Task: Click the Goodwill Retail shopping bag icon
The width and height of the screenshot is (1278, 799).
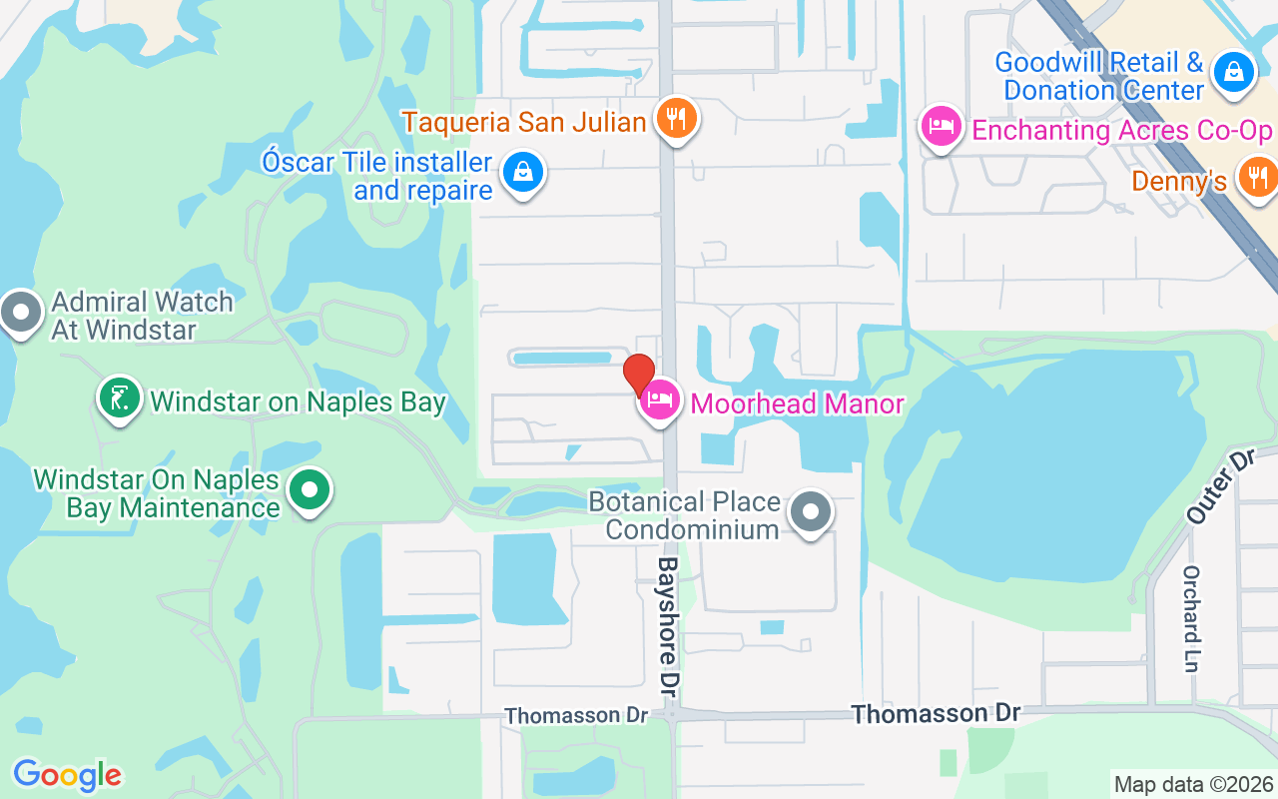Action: tap(1234, 72)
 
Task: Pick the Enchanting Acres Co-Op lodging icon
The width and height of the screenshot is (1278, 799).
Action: tap(941, 127)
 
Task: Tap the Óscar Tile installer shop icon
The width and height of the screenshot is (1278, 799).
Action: tap(523, 172)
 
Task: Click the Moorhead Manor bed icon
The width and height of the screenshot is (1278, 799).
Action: tap(659, 401)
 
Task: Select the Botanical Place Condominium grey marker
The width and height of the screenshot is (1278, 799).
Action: tap(811, 512)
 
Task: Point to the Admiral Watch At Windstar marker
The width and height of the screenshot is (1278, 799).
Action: tap(20, 313)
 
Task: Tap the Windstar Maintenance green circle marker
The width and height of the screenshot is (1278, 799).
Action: tap(310, 490)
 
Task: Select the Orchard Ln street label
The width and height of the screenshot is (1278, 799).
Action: tap(1191, 618)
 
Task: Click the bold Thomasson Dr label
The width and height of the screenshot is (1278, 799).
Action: tap(936, 713)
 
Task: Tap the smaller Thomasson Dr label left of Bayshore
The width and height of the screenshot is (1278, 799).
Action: tap(576, 716)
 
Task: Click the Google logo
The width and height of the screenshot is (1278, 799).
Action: tap(67, 774)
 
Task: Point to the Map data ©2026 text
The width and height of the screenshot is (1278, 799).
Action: tap(1193, 784)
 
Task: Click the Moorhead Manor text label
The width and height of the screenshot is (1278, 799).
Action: tap(797, 404)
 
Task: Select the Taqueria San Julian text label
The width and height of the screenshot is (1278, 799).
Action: tap(524, 123)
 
